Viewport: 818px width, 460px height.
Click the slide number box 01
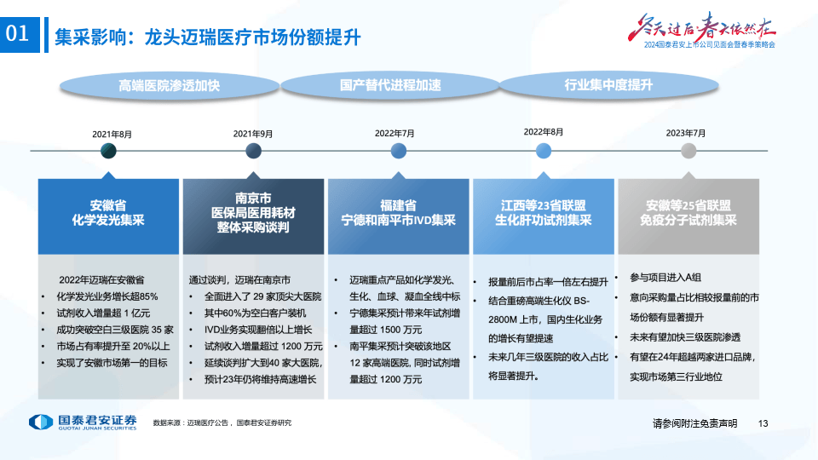click(20, 35)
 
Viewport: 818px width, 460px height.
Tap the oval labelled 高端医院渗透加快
click(169, 85)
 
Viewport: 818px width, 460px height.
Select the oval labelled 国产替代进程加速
click(390, 85)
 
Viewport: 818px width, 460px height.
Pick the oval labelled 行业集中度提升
click(608, 85)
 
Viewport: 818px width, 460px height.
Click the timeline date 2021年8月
click(112, 134)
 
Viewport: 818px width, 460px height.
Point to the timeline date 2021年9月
click(253, 134)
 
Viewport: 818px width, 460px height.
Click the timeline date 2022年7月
click(395, 133)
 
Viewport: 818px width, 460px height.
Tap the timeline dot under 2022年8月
click(544, 151)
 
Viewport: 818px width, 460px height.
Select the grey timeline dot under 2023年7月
click(688, 151)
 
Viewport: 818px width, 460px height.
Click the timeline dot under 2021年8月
click(108, 151)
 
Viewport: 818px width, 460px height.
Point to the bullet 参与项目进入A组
click(665, 277)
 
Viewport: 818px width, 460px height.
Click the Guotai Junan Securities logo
click(82, 423)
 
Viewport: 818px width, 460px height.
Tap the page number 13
click(763, 423)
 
